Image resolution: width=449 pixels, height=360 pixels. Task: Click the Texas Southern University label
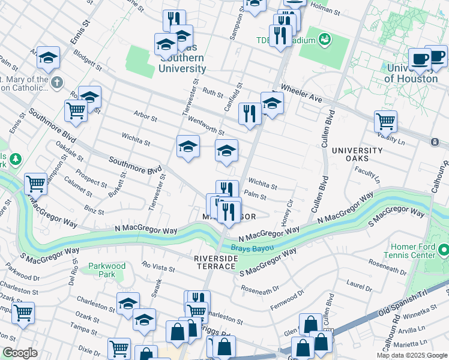[181, 59]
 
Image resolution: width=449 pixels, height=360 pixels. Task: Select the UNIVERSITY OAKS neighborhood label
[357, 155]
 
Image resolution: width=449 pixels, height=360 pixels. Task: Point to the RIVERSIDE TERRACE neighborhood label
[215, 262]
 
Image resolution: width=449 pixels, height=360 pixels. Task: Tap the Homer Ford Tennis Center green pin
[444, 249]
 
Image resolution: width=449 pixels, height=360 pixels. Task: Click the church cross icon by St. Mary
[56, 83]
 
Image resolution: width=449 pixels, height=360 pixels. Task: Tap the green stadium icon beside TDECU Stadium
[325, 40]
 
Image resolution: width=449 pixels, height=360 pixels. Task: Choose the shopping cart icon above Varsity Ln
[385, 121]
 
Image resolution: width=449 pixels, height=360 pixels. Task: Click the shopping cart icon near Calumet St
[36, 184]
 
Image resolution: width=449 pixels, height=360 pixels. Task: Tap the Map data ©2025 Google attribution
[412, 355]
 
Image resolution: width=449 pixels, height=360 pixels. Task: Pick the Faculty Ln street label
[366, 175]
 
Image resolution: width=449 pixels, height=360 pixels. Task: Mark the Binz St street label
[94, 210]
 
